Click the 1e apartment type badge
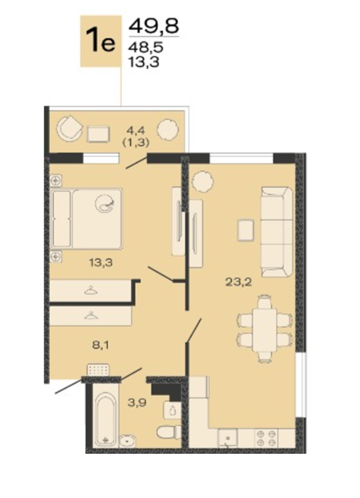coord(101,41)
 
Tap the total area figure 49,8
coord(154,26)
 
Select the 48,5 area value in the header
coord(146,47)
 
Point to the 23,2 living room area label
coord(239,282)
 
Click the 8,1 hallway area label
coord(101,345)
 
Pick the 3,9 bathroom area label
coord(137,403)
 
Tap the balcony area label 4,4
coord(136,130)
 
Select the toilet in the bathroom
coord(168,432)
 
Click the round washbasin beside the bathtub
coord(128,441)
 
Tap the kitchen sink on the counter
coord(228,438)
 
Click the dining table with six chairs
coord(265,329)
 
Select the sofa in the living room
coord(276,232)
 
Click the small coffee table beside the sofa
coord(245,230)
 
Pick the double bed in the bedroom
coord(86,218)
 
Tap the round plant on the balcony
coord(167,129)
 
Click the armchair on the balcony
coord(69,128)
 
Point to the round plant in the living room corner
coord(203,182)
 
